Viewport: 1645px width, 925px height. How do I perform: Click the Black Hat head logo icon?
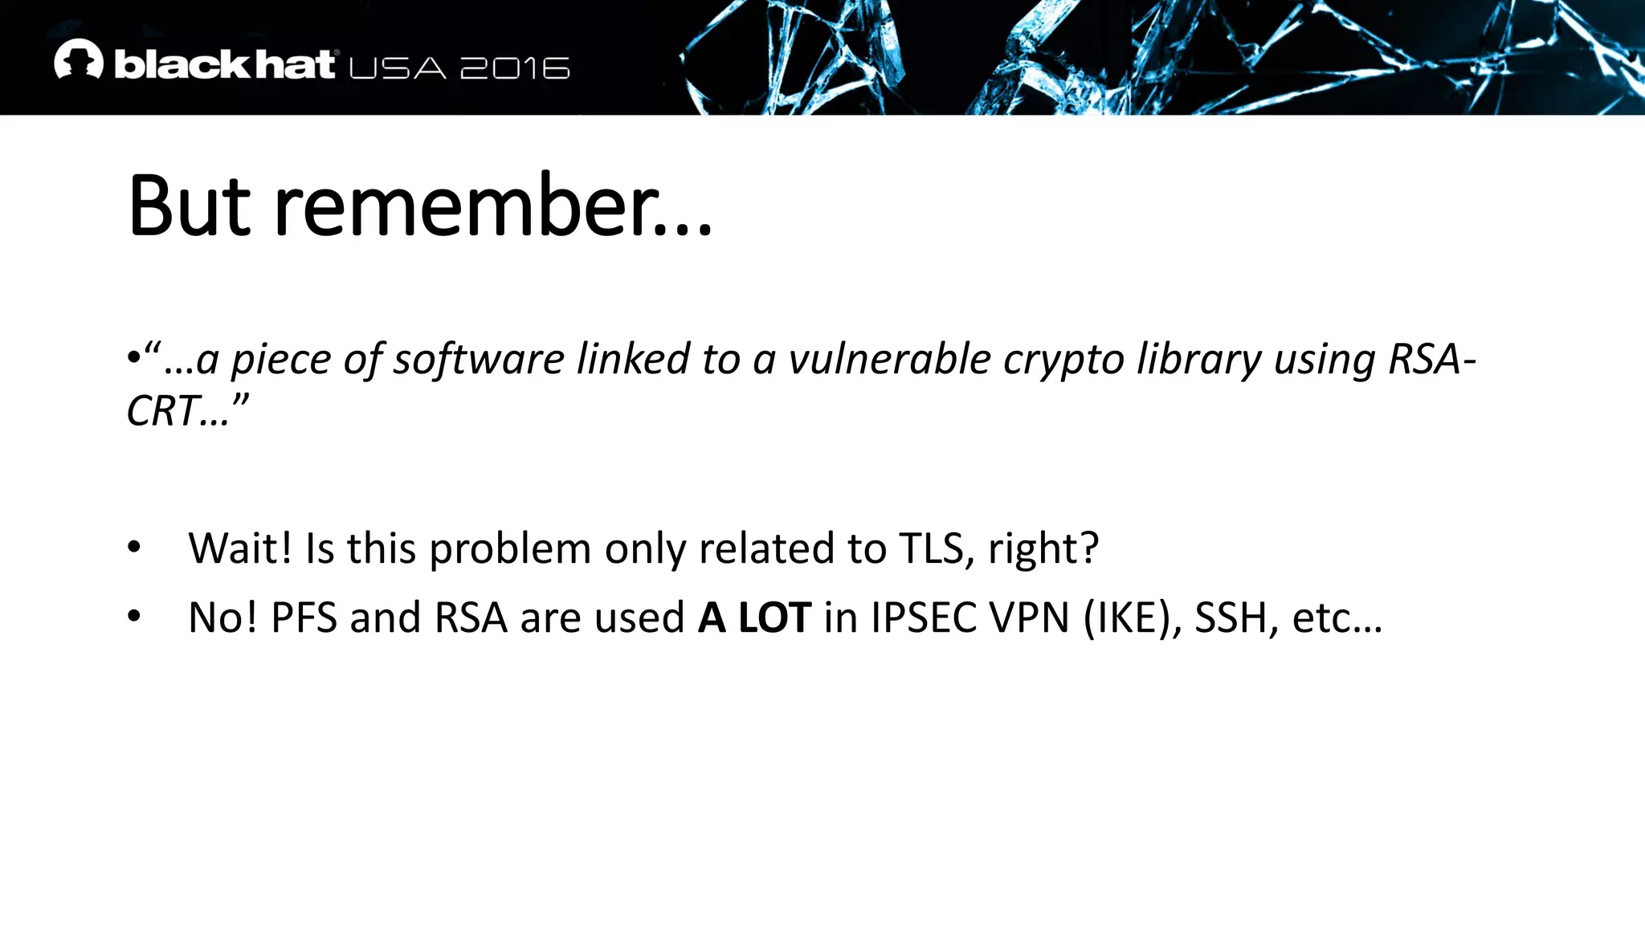(x=78, y=60)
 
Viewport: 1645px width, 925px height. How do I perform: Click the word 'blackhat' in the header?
(x=224, y=64)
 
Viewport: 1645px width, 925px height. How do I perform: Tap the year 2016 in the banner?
(x=515, y=68)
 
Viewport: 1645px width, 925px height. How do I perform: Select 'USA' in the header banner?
(x=398, y=68)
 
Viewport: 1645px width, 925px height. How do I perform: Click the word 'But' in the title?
(x=190, y=206)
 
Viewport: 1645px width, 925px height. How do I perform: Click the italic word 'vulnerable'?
(x=889, y=359)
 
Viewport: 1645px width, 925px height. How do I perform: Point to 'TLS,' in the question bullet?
(x=937, y=549)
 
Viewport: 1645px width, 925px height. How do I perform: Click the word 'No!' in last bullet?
(x=222, y=617)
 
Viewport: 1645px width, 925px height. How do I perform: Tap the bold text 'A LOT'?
(x=754, y=617)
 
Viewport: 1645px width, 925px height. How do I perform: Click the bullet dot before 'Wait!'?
(x=134, y=548)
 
